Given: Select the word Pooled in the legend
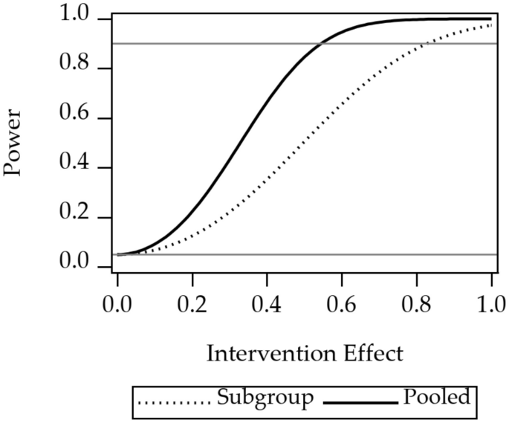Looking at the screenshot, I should (437, 398).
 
